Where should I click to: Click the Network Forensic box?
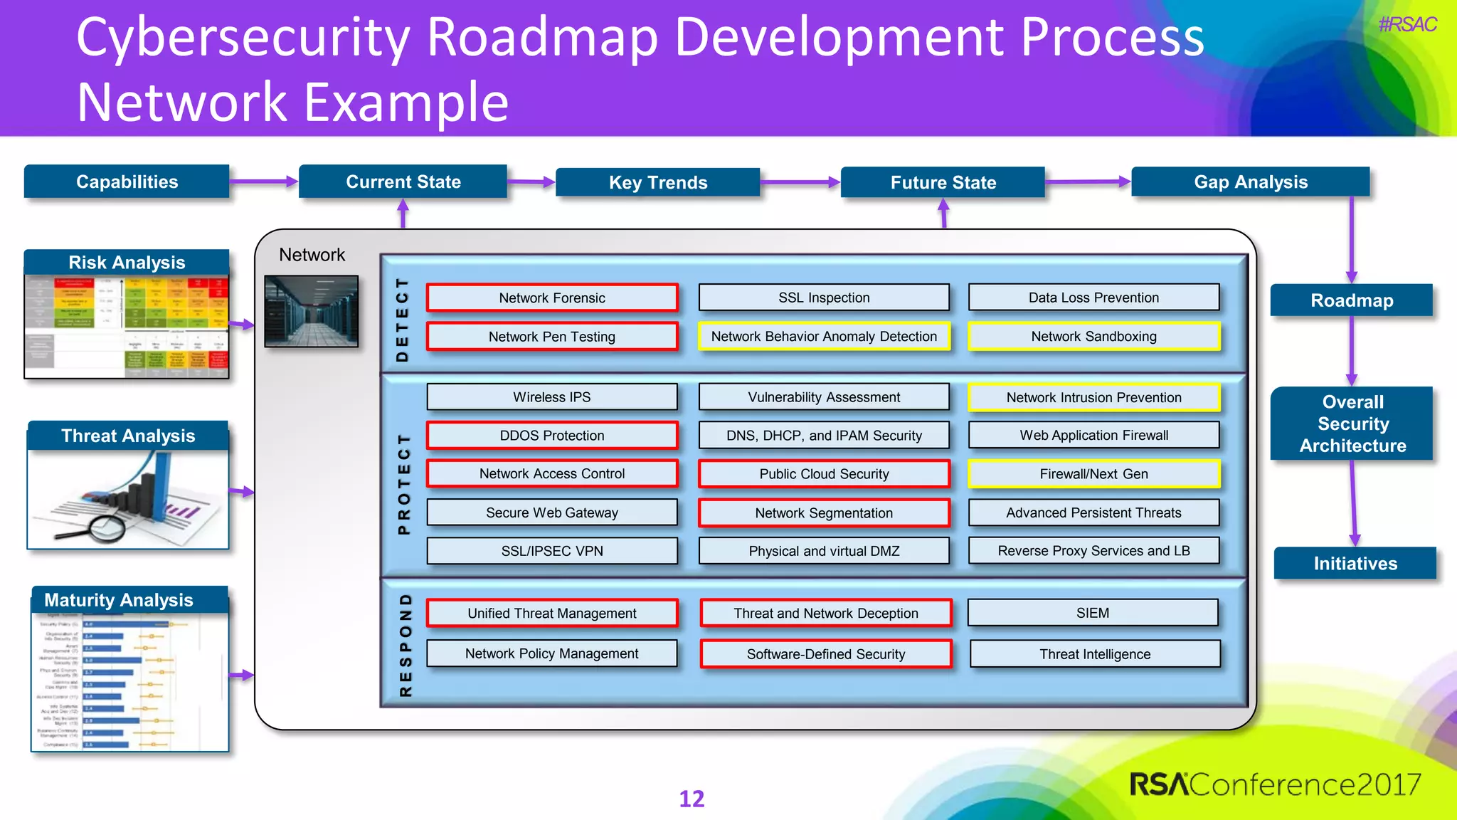coord(551,298)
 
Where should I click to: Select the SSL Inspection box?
coord(824,298)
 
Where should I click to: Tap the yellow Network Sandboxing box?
coord(1093,336)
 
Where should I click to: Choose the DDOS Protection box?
coord(551,435)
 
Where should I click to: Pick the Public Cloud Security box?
coord(824,473)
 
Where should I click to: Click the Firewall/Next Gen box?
coord(1093,473)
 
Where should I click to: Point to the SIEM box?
coord(1093,612)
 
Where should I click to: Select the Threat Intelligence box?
coord(1094,653)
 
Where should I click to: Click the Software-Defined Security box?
coord(825,653)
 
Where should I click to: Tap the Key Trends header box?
coord(657,182)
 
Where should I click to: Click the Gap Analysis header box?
coord(1250,182)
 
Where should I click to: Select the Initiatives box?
coord(1355,563)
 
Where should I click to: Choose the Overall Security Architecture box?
coord(1352,424)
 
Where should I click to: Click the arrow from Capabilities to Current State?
coord(263,182)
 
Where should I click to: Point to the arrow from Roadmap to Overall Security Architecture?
coord(1352,350)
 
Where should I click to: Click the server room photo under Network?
coord(311,311)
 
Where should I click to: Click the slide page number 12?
coord(691,799)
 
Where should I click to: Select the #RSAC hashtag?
coord(1406,25)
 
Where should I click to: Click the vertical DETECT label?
coord(403,320)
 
